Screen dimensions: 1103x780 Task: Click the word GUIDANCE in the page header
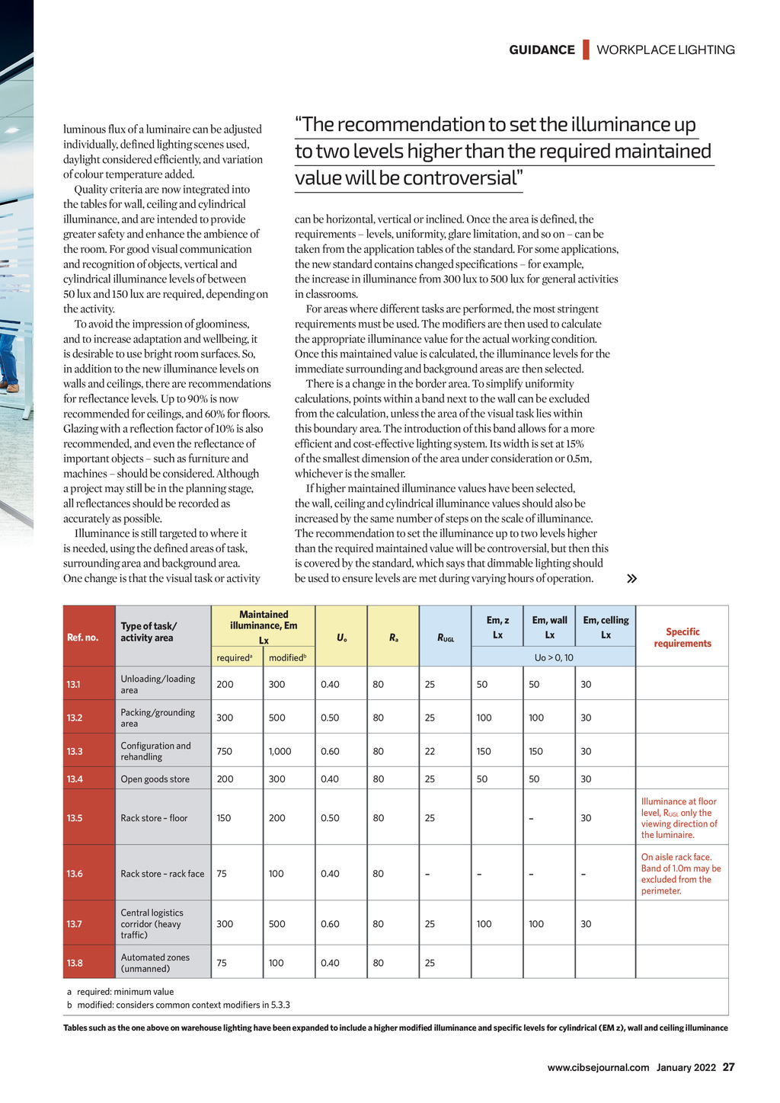pos(542,50)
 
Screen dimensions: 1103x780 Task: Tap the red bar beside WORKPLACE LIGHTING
pos(586,50)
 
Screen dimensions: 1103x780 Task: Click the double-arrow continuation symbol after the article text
pos(631,579)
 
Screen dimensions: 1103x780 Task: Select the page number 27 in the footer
pos(729,1067)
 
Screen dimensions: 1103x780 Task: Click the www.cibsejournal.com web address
pos(598,1067)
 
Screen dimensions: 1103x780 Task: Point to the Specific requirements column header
pos(682,638)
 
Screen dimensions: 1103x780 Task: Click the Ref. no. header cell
pos(82,638)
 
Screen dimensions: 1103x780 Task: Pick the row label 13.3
pos(75,751)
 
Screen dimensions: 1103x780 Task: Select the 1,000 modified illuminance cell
pos(280,751)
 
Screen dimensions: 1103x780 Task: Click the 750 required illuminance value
pos(225,751)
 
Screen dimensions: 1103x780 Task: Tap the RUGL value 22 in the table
pos(430,751)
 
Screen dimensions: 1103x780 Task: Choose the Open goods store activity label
pos(156,779)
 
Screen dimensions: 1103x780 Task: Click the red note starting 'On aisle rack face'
pos(680,874)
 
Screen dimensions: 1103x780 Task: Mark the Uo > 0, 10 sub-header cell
pos(553,657)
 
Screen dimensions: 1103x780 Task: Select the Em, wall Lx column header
pos(549,627)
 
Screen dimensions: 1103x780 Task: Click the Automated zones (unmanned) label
pos(155,963)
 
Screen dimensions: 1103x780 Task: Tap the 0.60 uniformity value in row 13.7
pos(330,924)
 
